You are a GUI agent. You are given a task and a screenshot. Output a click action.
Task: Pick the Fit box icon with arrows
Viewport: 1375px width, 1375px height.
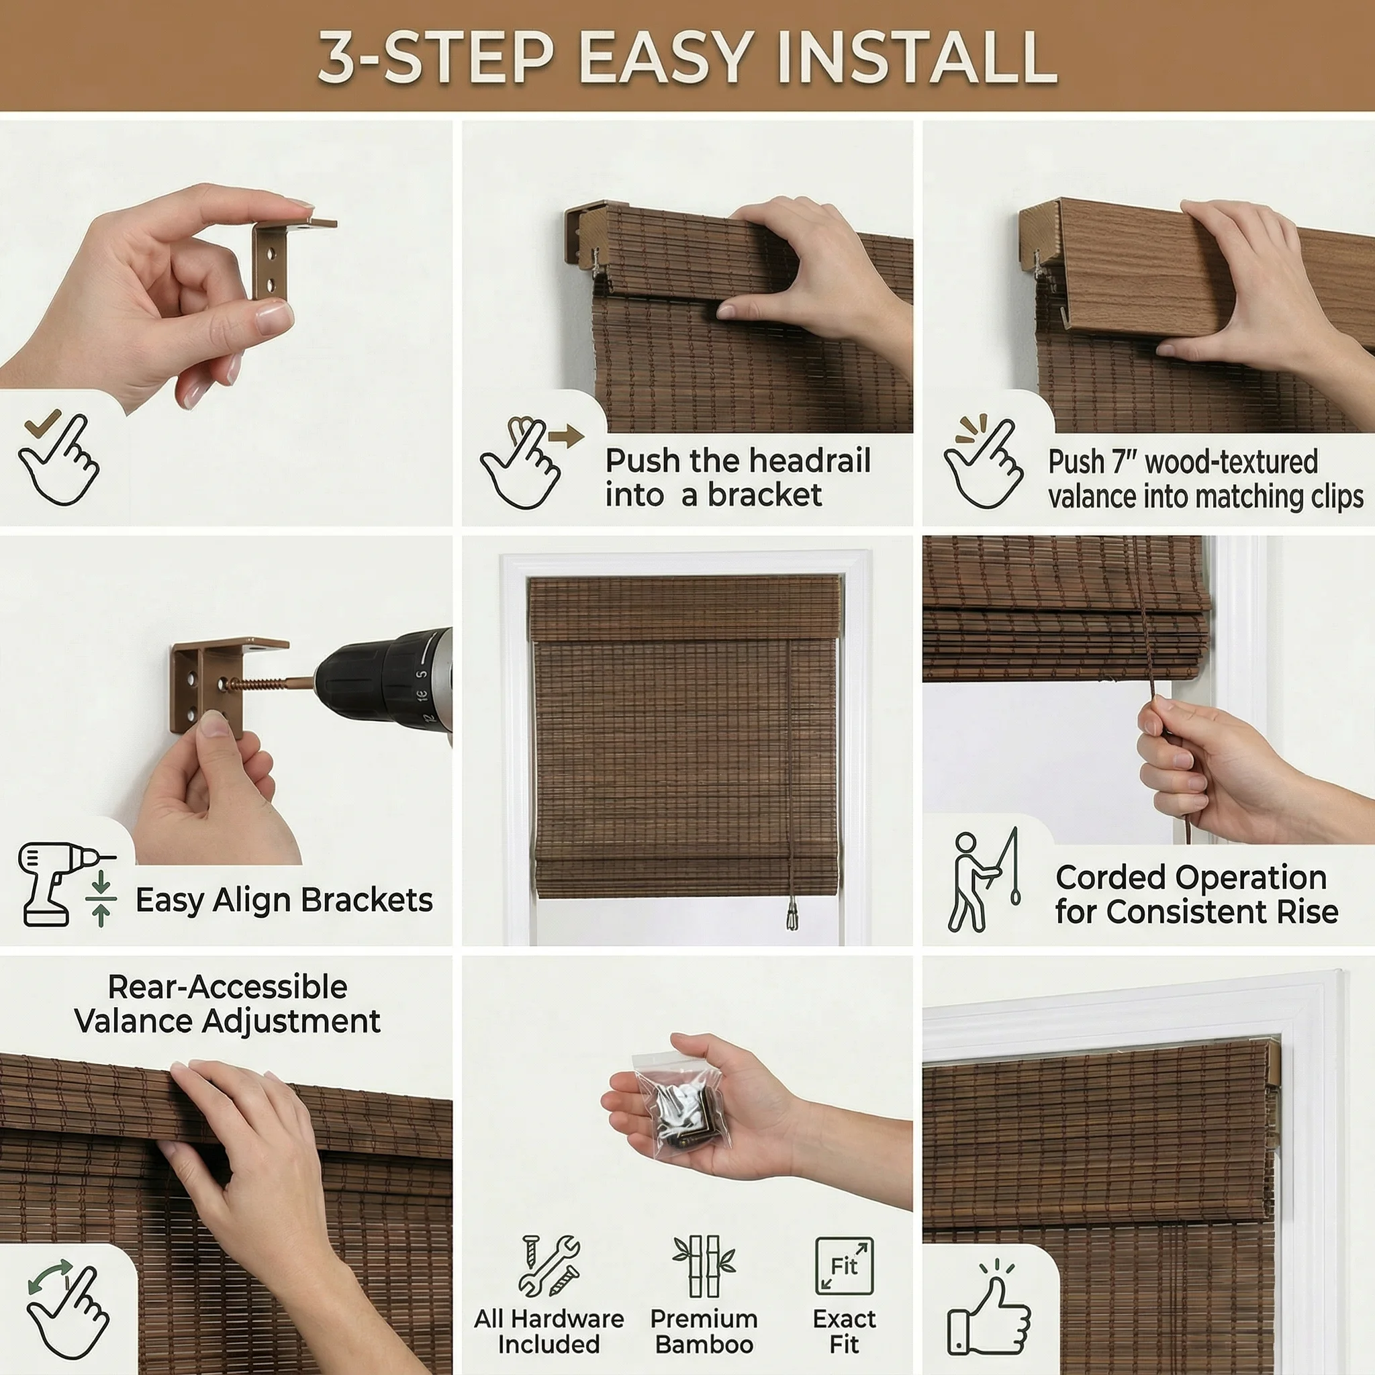coord(844,1266)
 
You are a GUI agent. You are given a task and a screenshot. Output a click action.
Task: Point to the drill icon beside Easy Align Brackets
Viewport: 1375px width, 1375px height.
coord(66,884)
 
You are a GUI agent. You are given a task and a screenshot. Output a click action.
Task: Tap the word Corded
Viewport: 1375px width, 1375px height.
coord(1106,878)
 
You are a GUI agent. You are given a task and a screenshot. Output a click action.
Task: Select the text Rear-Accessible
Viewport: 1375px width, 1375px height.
coord(228,987)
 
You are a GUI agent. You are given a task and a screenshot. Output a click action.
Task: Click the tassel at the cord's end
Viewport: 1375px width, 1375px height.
coord(792,914)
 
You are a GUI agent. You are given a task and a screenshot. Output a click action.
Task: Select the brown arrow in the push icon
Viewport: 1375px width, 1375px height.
coord(567,436)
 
